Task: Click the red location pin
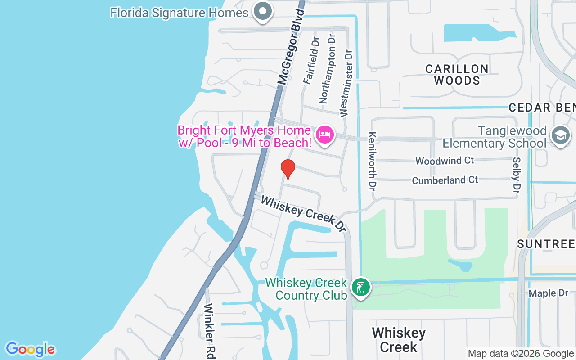pos(288,169)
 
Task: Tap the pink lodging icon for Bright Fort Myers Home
pos(325,135)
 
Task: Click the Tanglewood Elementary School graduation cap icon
pos(560,135)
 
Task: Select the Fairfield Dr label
pos(310,61)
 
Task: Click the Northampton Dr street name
pos(328,69)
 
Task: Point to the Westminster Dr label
pos(346,84)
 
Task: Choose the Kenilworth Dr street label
pos(372,161)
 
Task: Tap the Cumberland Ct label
pos(445,180)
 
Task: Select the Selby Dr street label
pos(516,176)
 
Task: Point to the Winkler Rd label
pos(209,331)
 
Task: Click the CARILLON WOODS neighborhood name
pos(457,75)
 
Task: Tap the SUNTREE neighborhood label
pos(546,244)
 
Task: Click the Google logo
pos(30,349)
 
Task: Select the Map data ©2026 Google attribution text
pos(521,354)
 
